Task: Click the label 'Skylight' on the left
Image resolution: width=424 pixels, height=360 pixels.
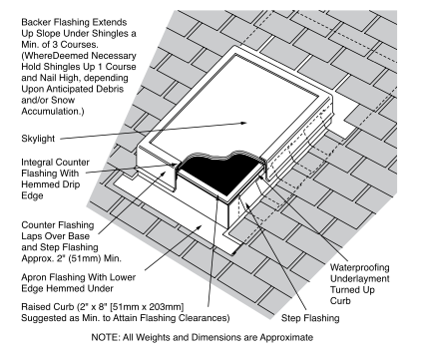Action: pos(38,139)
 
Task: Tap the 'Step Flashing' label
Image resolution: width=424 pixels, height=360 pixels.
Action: pos(310,318)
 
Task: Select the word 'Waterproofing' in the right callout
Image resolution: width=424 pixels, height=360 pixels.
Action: pos(359,267)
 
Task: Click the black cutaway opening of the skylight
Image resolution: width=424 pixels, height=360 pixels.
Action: pos(217,173)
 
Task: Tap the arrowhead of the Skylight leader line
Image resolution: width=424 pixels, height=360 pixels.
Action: pos(243,123)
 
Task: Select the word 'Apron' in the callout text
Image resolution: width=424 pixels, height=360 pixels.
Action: pos(35,277)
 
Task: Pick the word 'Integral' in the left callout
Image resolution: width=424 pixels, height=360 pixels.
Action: pos(34,163)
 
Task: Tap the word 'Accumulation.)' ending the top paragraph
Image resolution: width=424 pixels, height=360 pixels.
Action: pos(53,112)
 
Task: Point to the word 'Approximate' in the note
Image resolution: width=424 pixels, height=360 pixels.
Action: pos(286,337)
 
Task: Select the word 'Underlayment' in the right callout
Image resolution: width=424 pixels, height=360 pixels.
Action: pos(360,278)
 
